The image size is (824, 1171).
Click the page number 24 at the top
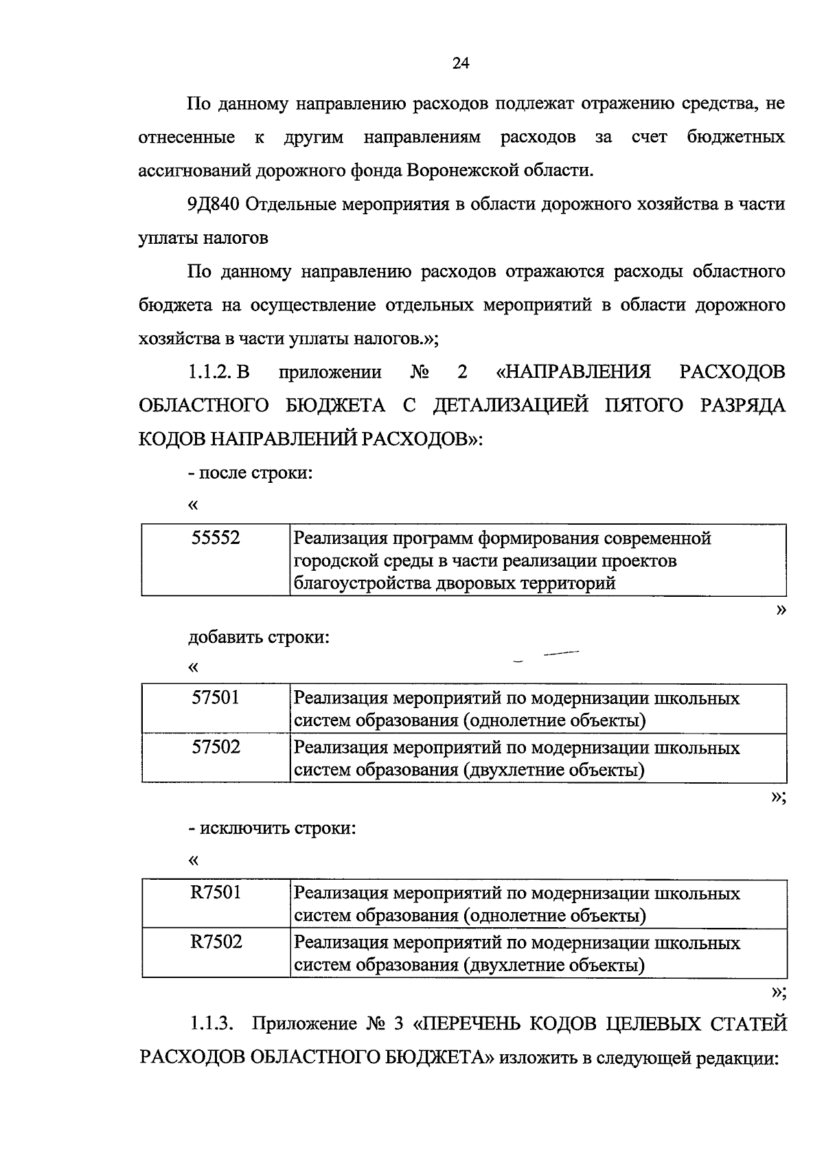[x=461, y=64]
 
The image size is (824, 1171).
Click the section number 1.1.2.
[x=210, y=372]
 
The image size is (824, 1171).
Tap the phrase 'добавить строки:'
[x=259, y=637]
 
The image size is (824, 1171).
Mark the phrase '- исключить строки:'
[x=272, y=828]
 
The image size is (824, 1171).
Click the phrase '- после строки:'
[x=250, y=474]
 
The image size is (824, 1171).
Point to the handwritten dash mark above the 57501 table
[x=560, y=654]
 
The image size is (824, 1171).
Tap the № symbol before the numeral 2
[x=420, y=372]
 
